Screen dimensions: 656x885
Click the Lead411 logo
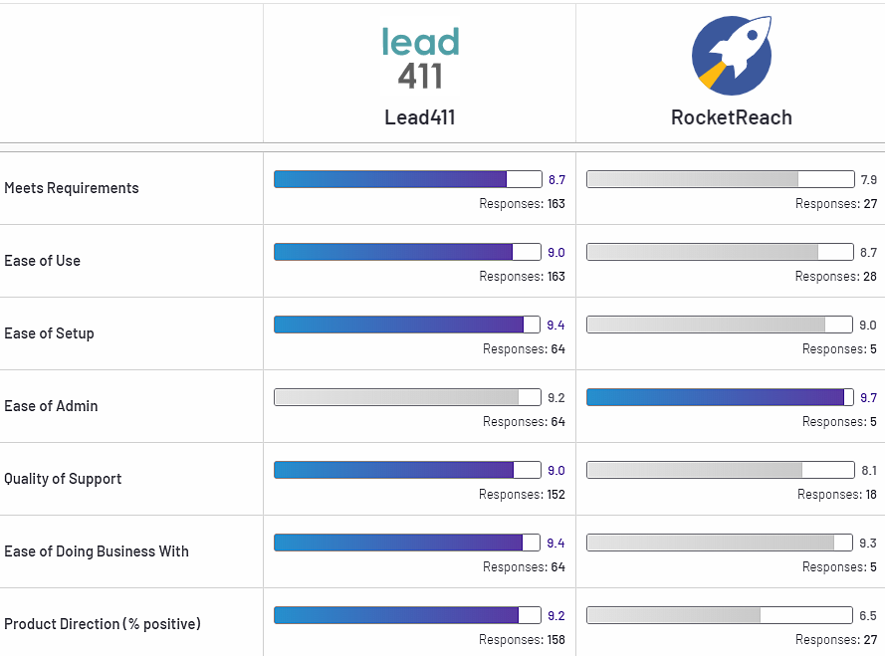pyautogui.click(x=420, y=59)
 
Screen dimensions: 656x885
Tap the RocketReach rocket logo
pyautogui.click(x=732, y=56)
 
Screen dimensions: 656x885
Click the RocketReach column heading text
pyautogui.click(x=732, y=117)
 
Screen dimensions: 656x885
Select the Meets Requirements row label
pyautogui.click(x=72, y=188)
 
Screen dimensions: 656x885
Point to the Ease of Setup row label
pyautogui.click(x=50, y=333)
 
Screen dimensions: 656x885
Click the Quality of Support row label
pyautogui.click(x=63, y=479)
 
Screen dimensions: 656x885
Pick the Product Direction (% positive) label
pyautogui.click(x=103, y=624)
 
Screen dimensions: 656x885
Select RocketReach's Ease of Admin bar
pyautogui.click(x=720, y=397)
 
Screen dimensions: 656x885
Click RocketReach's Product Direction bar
pyautogui.click(x=720, y=615)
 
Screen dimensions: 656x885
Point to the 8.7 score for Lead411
pyautogui.click(x=556, y=180)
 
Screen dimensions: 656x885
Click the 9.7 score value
pyautogui.click(x=868, y=398)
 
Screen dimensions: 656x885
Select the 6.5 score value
pyautogui.click(x=868, y=616)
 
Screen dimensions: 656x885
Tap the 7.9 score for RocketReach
pyautogui.click(x=868, y=180)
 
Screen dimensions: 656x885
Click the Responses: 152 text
pyautogui.click(x=522, y=495)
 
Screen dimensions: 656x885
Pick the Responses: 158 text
pyautogui.click(x=522, y=640)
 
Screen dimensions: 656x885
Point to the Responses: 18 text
pyautogui.click(x=836, y=495)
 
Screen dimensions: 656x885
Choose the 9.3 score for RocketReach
pyautogui.click(x=868, y=544)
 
